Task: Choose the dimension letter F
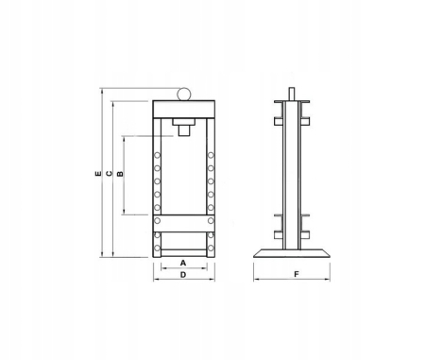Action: pos(295,274)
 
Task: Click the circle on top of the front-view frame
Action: pos(182,94)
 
